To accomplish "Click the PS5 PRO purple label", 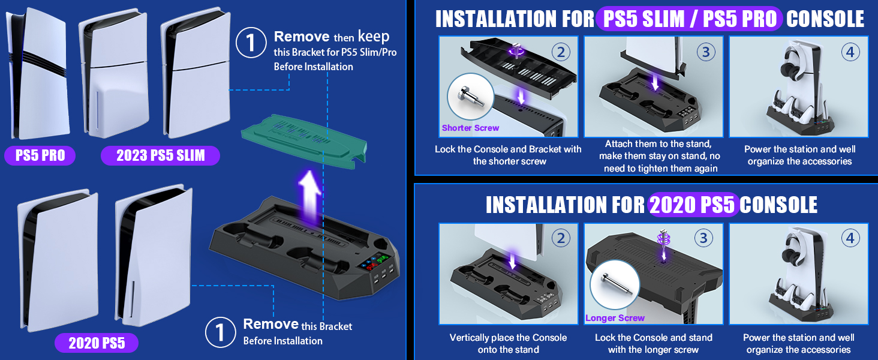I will pos(40,156).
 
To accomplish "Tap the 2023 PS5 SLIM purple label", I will pos(160,156).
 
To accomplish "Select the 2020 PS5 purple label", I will pos(97,344).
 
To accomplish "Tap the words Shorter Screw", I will pos(470,128).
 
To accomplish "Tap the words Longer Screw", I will pos(615,318).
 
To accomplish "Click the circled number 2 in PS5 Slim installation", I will pos(561,52).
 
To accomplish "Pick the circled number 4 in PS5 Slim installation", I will pos(850,52).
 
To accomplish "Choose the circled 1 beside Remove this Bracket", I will pos(220,332).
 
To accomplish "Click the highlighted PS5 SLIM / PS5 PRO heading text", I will pos(689,19).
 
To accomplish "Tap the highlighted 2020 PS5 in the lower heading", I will pos(693,205).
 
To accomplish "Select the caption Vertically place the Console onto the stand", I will pos(508,343).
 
